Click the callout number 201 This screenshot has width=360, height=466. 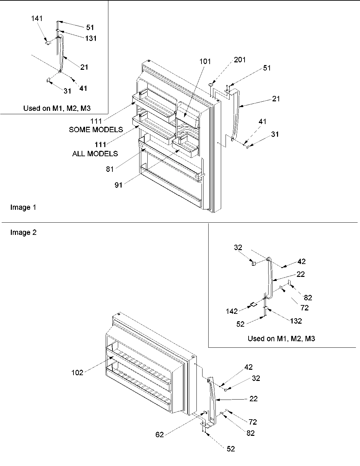[240, 60]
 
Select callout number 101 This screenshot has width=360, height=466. [205, 61]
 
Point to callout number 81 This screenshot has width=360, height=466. [110, 169]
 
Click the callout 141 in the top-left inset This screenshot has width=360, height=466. [37, 18]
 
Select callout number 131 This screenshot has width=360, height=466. [90, 38]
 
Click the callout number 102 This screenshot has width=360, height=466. [77, 372]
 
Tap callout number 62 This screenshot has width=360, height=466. [160, 434]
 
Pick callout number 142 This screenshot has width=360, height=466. [232, 311]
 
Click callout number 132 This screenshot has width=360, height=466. [296, 321]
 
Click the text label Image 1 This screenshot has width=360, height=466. [23, 207]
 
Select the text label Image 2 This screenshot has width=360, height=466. [23, 232]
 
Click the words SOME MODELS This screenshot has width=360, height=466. [96, 129]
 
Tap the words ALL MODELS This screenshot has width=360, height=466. [95, 154]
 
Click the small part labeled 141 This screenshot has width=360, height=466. [48, 43]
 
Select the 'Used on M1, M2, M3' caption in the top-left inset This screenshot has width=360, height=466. [57, 108]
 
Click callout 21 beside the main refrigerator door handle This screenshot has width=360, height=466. [276, 99]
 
